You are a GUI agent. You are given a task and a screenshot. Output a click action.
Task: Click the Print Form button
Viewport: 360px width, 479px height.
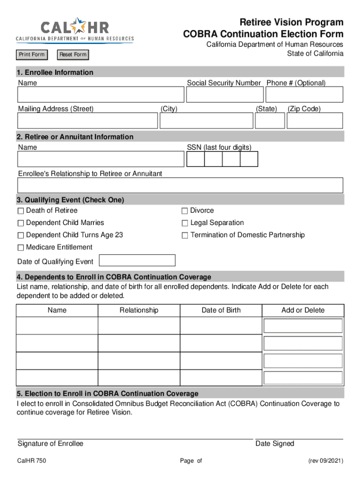coord(32,55)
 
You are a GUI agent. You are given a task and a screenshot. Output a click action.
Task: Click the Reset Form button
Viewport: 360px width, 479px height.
coord(72,55)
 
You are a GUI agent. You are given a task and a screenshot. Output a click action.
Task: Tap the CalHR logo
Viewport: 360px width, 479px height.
coord(75,31)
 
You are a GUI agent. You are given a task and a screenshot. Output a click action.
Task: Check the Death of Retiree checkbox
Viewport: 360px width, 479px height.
coord(21,211)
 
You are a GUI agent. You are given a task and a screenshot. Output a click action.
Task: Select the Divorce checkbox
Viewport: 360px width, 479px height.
coord(185,211)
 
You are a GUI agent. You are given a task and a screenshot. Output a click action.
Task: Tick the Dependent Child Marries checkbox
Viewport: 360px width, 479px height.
coord(21,223)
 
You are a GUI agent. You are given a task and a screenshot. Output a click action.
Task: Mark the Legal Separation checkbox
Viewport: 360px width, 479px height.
coord(185,223)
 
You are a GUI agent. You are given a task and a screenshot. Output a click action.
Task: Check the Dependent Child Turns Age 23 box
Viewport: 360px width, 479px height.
coord(21,235)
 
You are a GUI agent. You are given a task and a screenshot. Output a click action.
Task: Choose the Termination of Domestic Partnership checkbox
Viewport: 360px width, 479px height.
coord(185,235)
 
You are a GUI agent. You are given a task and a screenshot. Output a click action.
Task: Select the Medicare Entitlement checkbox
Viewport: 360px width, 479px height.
coord(21,247)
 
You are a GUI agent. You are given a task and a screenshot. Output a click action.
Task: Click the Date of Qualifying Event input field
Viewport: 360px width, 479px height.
coord(138,261)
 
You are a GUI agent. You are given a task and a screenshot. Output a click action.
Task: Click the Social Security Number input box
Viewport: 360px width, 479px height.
coord(224,95)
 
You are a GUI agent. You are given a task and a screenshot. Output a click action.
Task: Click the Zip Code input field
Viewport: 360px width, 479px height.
coord(315,121)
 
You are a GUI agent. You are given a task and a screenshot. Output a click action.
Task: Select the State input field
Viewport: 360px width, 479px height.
coord(269,121)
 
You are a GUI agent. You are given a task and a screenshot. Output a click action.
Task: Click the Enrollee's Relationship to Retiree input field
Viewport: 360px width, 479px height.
coord(180,185)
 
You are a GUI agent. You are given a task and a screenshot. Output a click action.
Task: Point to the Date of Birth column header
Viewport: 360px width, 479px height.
coord(221,310)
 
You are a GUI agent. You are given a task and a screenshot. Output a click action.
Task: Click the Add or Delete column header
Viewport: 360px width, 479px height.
coord(303,310)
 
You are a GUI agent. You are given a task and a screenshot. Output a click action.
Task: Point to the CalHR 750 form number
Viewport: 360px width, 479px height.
coord(31,461)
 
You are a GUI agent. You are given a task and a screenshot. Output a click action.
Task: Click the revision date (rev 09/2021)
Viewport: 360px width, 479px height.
coord(325,461)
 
